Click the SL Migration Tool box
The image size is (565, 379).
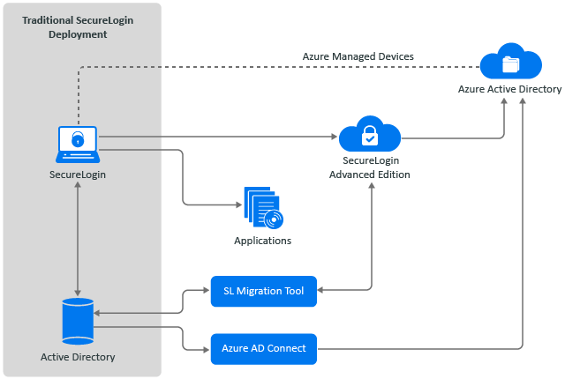[x=263, y=291]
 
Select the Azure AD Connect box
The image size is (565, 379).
[x=263, y=348]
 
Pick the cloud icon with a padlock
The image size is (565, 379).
[x=370, y=135]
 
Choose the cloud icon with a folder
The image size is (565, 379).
[x=509, y=63]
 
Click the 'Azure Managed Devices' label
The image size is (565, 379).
[x=358, y=56]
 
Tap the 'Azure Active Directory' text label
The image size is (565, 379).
[x=509, y=89]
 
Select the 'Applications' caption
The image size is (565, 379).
[x=262, y=241]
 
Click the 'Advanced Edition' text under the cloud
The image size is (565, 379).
[x=370, y=175]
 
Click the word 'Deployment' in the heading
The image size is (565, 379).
[x=78, y=34]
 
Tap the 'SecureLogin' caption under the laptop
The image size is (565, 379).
[x=78, y=175]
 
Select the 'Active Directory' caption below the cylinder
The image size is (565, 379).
[x=78, y=357]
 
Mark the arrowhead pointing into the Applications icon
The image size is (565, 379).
[x=238, y=205]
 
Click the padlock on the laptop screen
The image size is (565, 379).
[x=78, y=139]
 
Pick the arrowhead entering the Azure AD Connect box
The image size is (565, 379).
[x=207, y=348]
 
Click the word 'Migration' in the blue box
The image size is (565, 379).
[x=260, y=291]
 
